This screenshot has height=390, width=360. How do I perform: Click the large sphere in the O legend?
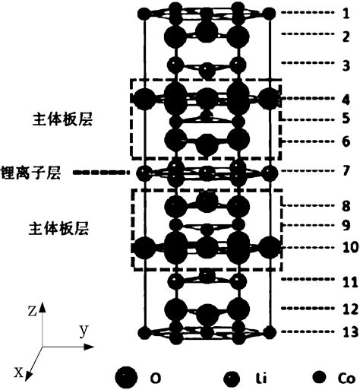pos(127,376)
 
